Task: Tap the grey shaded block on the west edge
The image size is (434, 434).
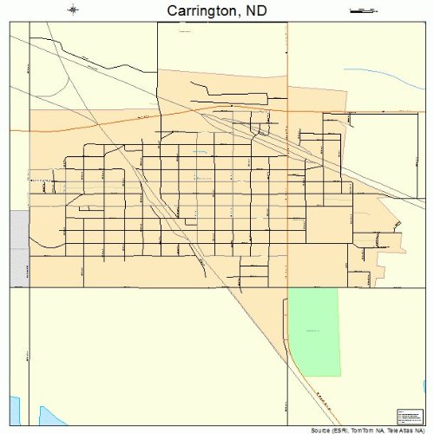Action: click(x=19, y=247)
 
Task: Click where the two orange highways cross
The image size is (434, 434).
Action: click(x=287, y=111)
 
